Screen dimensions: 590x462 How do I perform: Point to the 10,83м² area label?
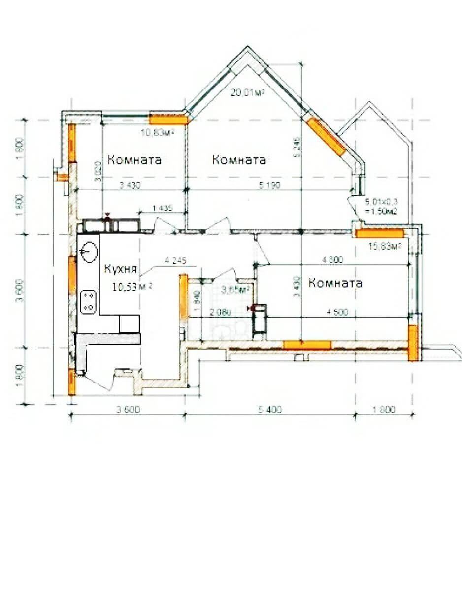pyautogui.click(x=159, y=132)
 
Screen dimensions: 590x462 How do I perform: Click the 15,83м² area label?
pyautogui.click(x=384, y=246)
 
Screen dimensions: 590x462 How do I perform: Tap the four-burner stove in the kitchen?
pyautogui.click(x=88, y=301)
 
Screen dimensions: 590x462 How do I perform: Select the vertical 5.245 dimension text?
pyautogui.click(x=295, y=147)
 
